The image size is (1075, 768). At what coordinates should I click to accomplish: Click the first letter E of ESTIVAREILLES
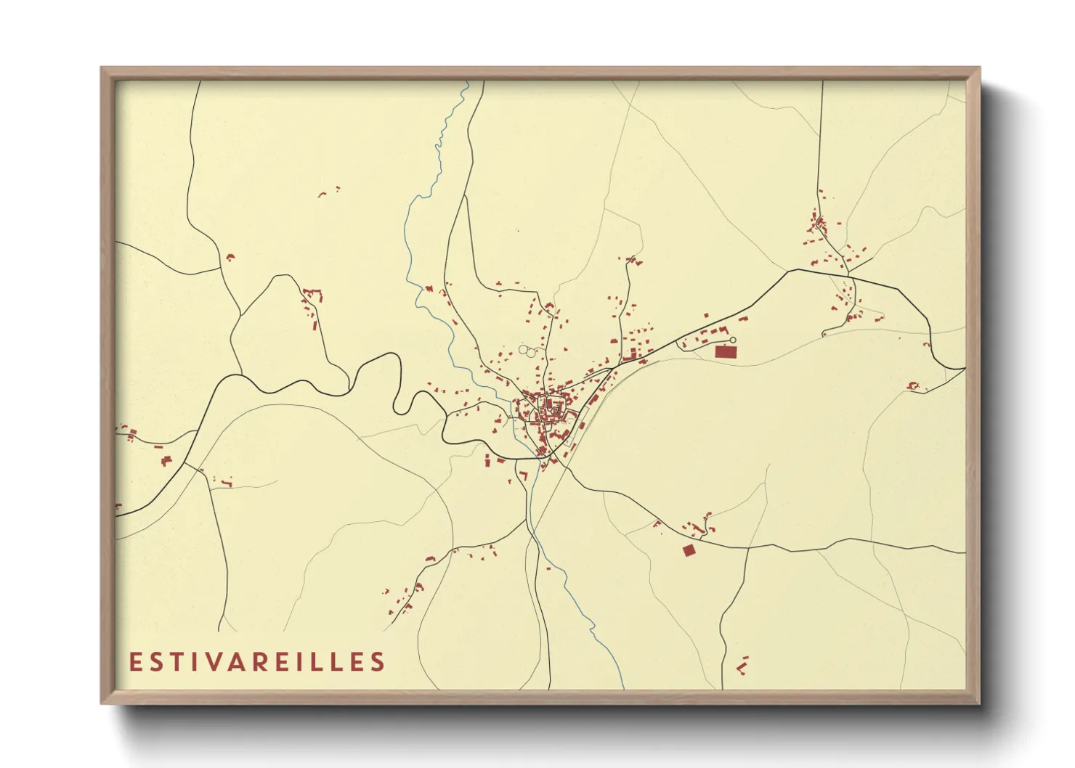pos(134,662)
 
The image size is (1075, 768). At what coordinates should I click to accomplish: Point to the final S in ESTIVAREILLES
pos(378,662)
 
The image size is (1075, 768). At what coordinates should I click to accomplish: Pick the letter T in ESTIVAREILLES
pos(177,662)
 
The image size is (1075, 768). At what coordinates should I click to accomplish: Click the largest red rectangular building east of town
pos(725,352)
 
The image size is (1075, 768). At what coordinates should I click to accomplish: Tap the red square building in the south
pos(689,550)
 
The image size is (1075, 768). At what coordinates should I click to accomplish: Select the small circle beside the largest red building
pos(733,340)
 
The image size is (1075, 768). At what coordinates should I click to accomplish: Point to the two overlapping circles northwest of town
pos(527,351)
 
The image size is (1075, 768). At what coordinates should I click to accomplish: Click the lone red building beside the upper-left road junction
pos(230,257)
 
